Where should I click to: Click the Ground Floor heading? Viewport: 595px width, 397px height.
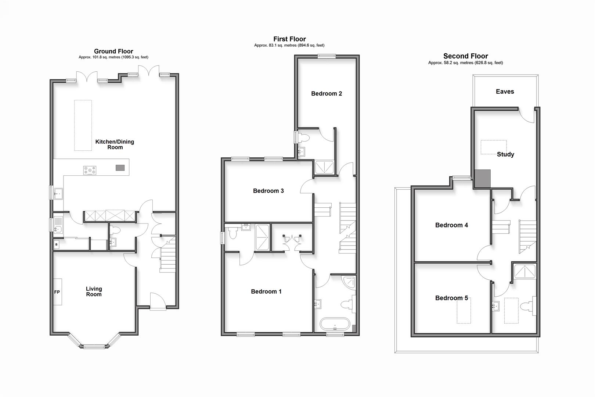click(x=113, y=51)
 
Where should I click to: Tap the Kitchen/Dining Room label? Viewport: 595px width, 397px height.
click(x=115, y=144)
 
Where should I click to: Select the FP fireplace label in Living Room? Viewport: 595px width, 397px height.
click(x=57, y=292)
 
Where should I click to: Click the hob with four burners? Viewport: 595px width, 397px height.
click(x=90, y=171)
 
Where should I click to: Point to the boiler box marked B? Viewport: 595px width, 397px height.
click(x=56, y=244)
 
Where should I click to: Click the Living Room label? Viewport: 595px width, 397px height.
click(x=94, y=292)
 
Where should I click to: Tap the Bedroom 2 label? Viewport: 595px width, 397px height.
click(x=326, y=94)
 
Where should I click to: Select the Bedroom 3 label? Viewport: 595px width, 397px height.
click(x=268, y=191)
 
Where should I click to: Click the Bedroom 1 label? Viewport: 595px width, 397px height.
click(x=266, y=292)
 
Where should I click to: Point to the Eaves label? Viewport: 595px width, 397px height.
click(x=505, y=92)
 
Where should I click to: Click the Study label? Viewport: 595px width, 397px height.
click(x=505, y=154)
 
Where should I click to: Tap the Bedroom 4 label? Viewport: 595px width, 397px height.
click(x=451, y=225)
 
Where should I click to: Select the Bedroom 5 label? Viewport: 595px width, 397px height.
click(x=451, y=298)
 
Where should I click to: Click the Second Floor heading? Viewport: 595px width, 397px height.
click(x=465, y=56)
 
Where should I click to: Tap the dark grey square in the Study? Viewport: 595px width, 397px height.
click(x=483, y=179)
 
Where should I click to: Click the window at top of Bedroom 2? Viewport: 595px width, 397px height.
click(x=327, y=56)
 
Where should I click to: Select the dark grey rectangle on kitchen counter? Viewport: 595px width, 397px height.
click(x=120, y=168)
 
